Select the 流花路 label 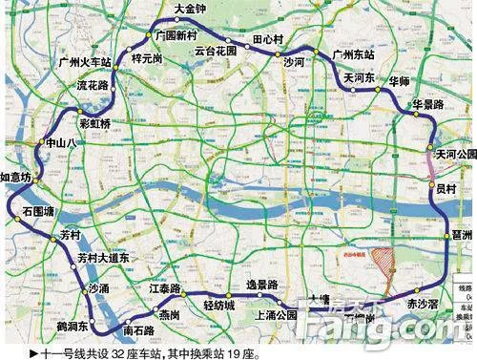coord(93,85)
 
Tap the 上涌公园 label coord(276,315)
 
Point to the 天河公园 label coord(455,154)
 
